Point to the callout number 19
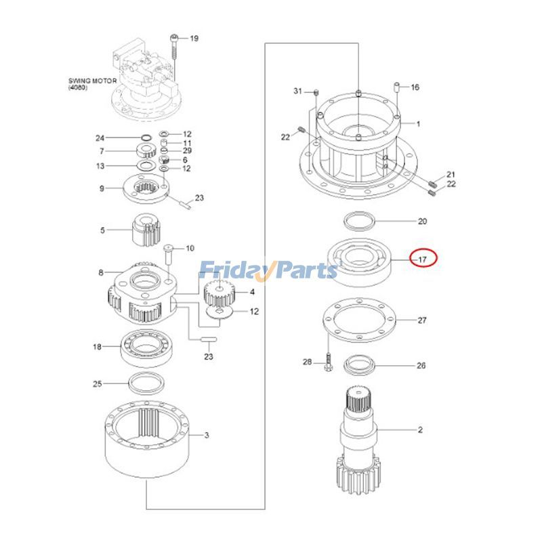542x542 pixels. click(194, 39)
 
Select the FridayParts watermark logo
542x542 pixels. click(268, 270)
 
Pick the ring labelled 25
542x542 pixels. click(145, 384)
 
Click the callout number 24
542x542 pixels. click(100, 138)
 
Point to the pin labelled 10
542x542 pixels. click(168, 256)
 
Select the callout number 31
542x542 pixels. click(297, 91)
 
